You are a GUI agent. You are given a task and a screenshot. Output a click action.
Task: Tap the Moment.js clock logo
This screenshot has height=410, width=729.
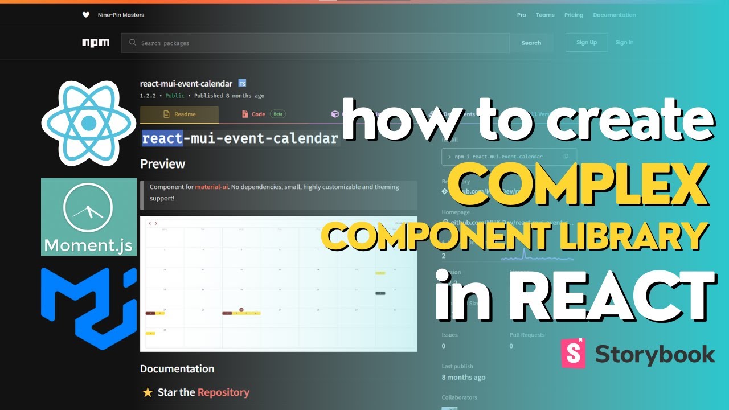point(89,216)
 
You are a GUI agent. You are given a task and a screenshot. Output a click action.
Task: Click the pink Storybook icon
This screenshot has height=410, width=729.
point(574,353)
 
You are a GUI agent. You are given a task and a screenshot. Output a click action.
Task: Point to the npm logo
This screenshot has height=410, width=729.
point(95,43)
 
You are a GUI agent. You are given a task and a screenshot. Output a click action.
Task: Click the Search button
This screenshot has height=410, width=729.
point(531,43)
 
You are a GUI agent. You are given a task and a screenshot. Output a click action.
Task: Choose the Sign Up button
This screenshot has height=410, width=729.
point(586,42)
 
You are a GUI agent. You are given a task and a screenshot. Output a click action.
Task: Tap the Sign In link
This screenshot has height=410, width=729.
point(624,42)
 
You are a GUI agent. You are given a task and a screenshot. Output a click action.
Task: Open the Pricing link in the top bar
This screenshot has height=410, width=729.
point(574,15)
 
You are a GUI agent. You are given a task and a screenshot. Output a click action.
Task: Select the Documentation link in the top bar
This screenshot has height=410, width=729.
point(615,15)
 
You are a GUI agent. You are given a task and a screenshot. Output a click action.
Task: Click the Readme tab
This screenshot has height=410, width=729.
point(179,114)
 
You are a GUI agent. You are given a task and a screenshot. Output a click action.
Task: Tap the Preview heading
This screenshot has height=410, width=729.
point(163,164)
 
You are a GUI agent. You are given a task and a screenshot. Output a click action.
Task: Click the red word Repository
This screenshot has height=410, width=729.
point(223,392)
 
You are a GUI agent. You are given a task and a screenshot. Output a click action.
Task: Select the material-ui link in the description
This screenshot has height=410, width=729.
point(211,187)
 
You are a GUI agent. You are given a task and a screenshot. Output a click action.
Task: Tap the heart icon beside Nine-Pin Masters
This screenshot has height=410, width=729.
point(86,15)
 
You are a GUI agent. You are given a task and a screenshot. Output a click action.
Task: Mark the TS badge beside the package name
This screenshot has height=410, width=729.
point(242,84)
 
